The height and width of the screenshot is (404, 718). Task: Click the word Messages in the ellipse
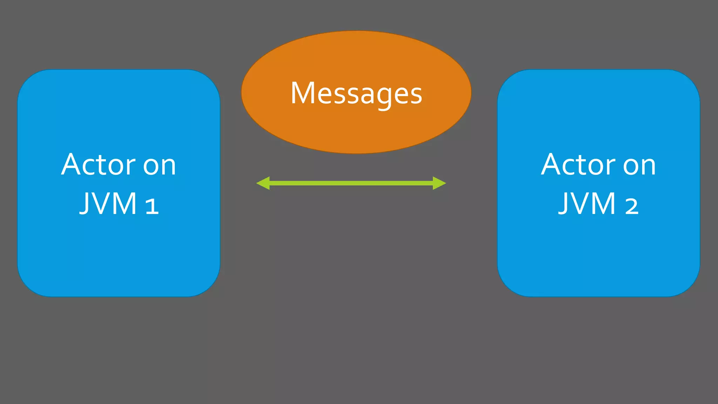point(356,93)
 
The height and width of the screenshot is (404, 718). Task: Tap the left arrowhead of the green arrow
point(264,183)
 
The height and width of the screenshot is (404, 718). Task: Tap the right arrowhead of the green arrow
point(439,183)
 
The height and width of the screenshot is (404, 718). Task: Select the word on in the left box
point(160,166)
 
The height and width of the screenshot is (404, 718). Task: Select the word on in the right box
point(639,166)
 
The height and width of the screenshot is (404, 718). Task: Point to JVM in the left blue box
point(108,204)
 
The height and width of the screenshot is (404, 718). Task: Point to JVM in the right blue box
point(588,204)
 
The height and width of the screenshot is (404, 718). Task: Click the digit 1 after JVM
point(152,206)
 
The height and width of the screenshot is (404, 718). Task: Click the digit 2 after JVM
point(632,206)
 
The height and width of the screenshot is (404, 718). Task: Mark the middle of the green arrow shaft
point(351,183)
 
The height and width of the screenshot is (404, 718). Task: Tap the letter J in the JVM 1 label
point(84,204)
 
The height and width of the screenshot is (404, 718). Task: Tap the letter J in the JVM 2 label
point(563,204)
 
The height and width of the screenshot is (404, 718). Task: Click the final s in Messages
point(416,95)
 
